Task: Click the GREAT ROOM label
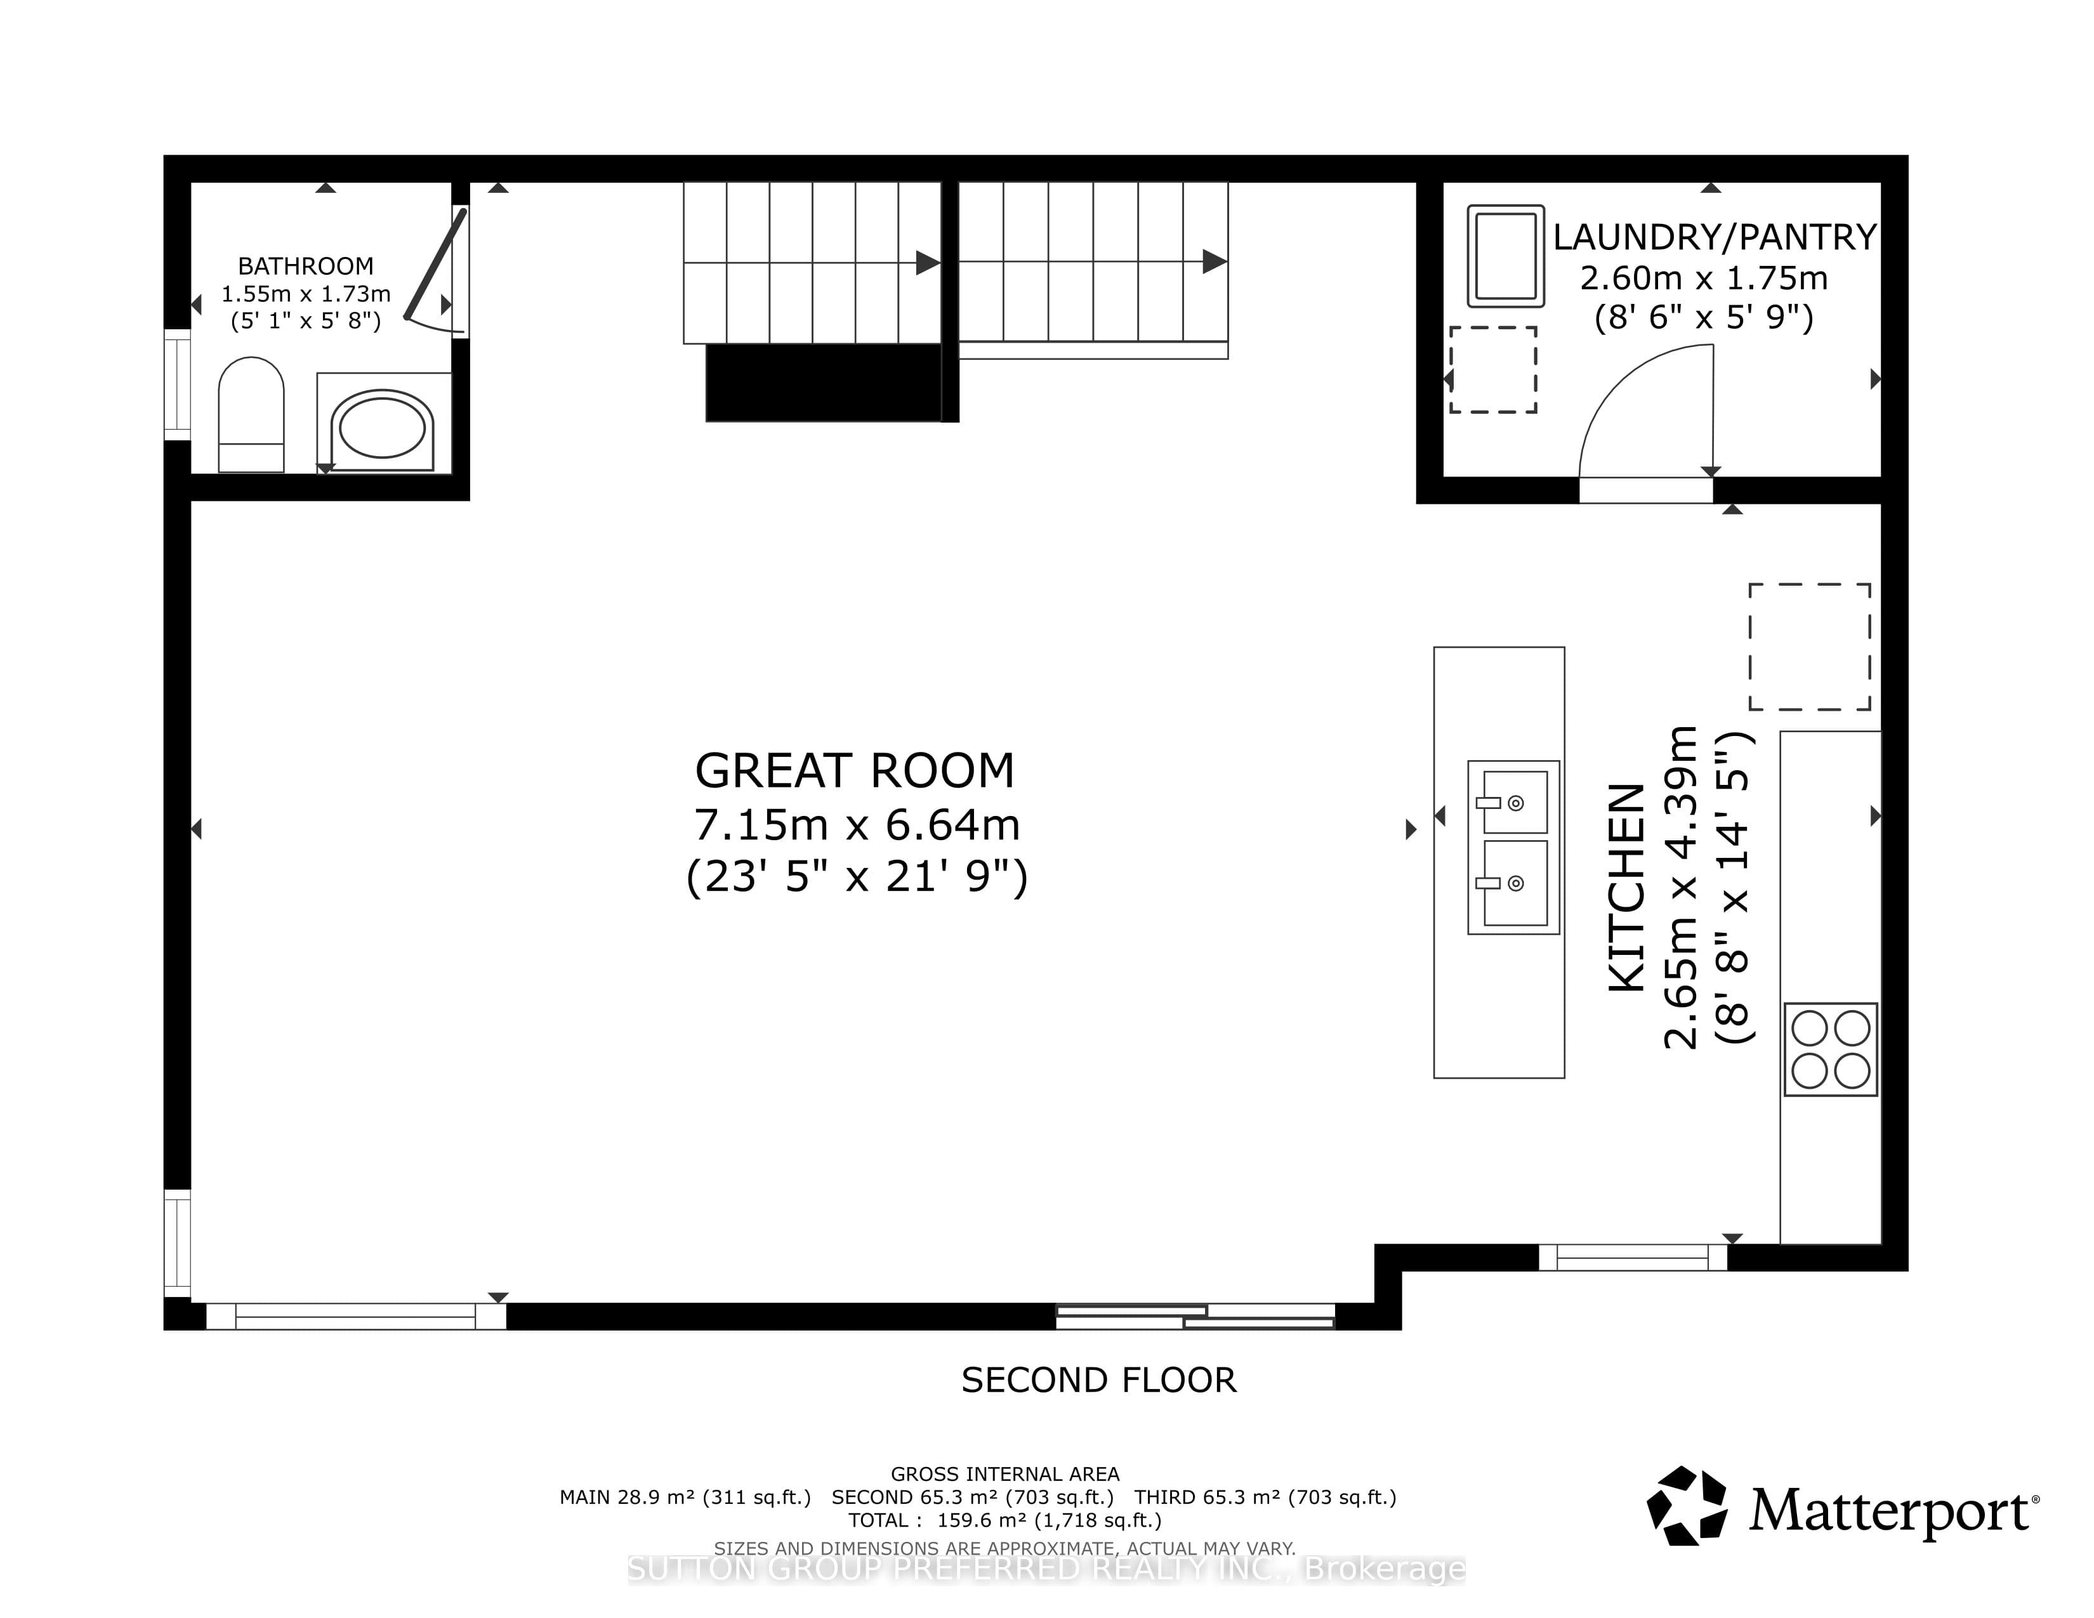(854, 771)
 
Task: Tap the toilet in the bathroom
(251, 414)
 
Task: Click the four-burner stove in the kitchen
(1830, 1049)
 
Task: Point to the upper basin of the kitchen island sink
(1515, 801)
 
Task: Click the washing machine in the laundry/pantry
(1506, 256)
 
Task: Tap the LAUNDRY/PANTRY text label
(1715, 237)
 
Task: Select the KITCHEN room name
(1626, 886)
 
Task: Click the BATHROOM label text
(306, 265)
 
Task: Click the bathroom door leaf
(435, 263)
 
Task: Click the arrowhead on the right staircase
(1215, 261)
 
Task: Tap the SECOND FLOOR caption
(1099, 1380)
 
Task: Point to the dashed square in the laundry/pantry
(1493, 370)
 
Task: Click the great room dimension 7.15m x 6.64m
(856, 824)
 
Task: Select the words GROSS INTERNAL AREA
(1005, 1474)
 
